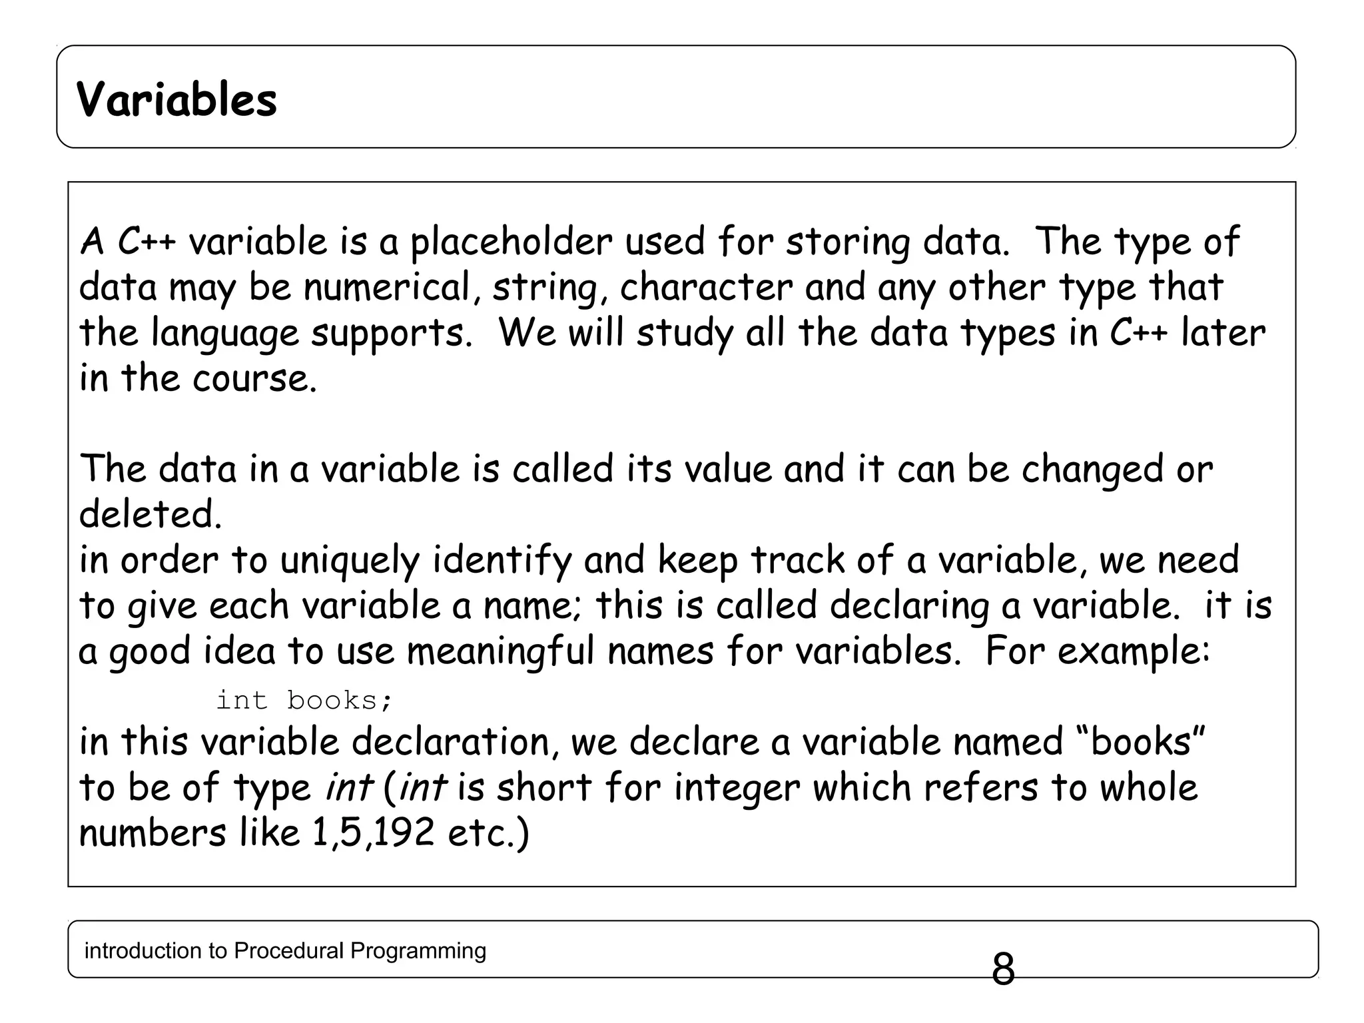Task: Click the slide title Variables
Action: tap(176, 100)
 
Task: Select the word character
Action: tap(706, 288)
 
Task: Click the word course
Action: tap(254, 378)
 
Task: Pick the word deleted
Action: tap(150, 514)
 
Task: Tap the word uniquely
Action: tap(349, 560)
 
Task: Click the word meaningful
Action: tap(500, 651)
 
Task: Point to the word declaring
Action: tap(909, 605)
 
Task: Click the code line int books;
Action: tap(305, 700)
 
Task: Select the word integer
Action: tap(737, 788)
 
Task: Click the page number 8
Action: tap(1003, 969)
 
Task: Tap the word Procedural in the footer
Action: tap(289, 950)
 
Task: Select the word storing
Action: tap(848, 242)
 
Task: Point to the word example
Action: tap(1133, 651)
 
